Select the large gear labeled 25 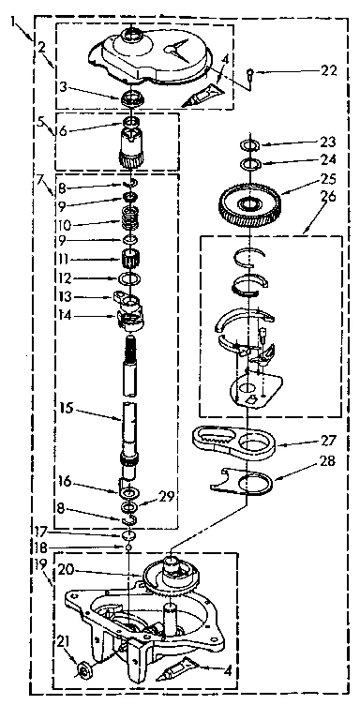(x=249, y=203)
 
